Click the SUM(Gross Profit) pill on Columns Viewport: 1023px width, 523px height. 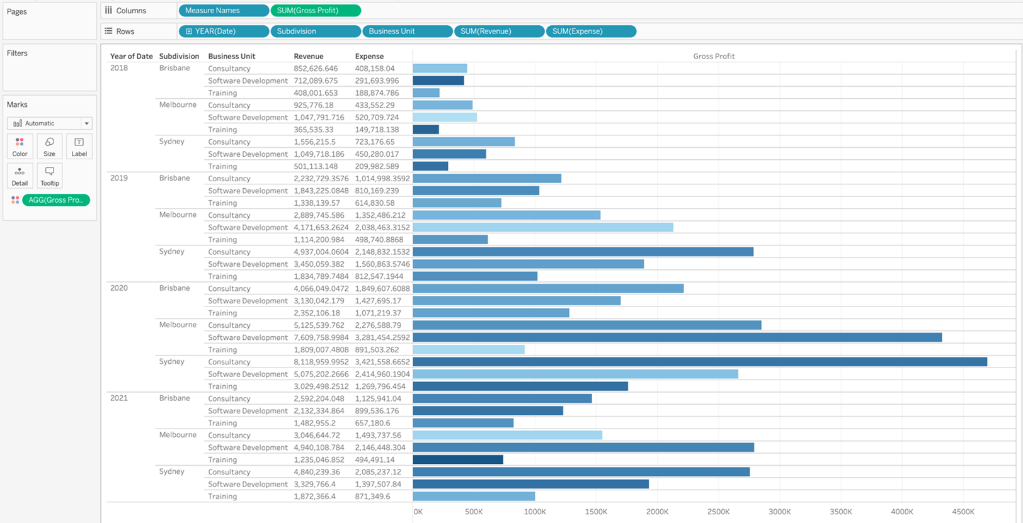coord(315,11)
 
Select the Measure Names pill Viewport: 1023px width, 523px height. coord(223,11)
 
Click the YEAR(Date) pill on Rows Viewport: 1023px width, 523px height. coord(223,31)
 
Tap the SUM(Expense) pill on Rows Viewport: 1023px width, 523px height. coord(590,31)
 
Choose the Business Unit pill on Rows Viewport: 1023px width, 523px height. coord(406,31)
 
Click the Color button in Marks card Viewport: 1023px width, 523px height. coord(20,146)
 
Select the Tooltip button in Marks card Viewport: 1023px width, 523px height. coord(50,176)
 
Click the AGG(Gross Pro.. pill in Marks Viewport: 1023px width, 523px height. coord(55,200)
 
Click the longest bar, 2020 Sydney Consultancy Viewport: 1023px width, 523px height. coord(699,362)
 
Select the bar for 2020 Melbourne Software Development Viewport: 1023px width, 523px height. coord(677,337)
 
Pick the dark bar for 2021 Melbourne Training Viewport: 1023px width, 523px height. coord(458,459)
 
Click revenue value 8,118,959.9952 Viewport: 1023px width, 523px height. coord(321,362)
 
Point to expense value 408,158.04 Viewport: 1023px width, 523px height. coord(374,69)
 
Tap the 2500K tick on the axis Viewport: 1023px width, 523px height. coord(717,512)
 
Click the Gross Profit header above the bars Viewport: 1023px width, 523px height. coord(714,56)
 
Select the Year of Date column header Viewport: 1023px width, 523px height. coord(131,56)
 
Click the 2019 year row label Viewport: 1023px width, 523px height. coord(119,178)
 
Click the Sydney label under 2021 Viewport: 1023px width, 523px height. coord(171,471)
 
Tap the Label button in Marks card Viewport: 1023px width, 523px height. coord(79,146)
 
